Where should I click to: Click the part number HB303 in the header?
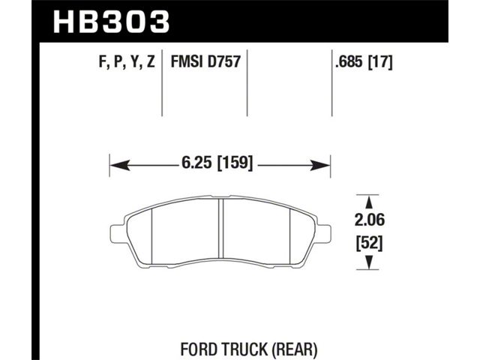pos(112,22)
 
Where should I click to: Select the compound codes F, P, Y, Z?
pos(127,61)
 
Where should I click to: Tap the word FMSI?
pos(187,61)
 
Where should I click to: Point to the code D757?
pos(224,61)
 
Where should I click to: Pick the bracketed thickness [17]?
pos(380,62)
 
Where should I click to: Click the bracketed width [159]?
pos(235,163)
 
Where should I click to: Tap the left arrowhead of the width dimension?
pos(119,166)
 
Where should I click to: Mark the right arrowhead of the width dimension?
pos(320,166)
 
